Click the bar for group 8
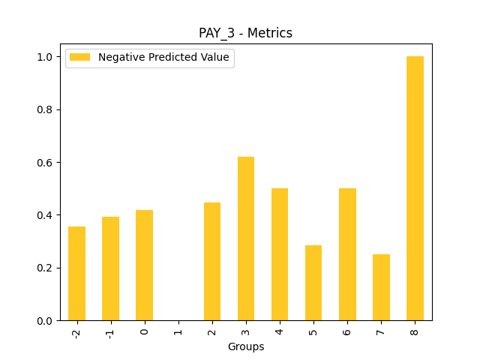pyautogui.click(x=415, y=188)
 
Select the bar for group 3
pyautogui.click(x=246, y=238)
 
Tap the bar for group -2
pyautogui.click(x=76, y=274)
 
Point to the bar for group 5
pyautogui.click(x=313, y=283)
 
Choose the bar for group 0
pyautogui.click(x=144, y=265)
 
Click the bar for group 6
pyautogui.click(x=347, y=254)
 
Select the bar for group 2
pyautogui.click(x=212, y=262)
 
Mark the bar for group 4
pyautogui.click(x=280, y=254)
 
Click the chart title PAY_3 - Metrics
pyautogui.click(x=245, y=33)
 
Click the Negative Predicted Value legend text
pyautogui.click(x=163, y=58)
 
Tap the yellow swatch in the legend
pyautogui.click(x=79, y=58)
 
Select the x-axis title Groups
pyautogui.click(x=245, y=346)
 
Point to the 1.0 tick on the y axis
pyautogui.click(x=45, y=57)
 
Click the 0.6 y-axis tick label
pyautogui.click(x=45, y=163)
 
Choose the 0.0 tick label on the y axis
pyautogui.click(x=45, y=320)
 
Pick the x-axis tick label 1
pyautogui.click(x=178, y=330)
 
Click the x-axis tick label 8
pyautogui.click(x=415, y=330)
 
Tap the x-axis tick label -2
pyautogui.click(x=76, y=332)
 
